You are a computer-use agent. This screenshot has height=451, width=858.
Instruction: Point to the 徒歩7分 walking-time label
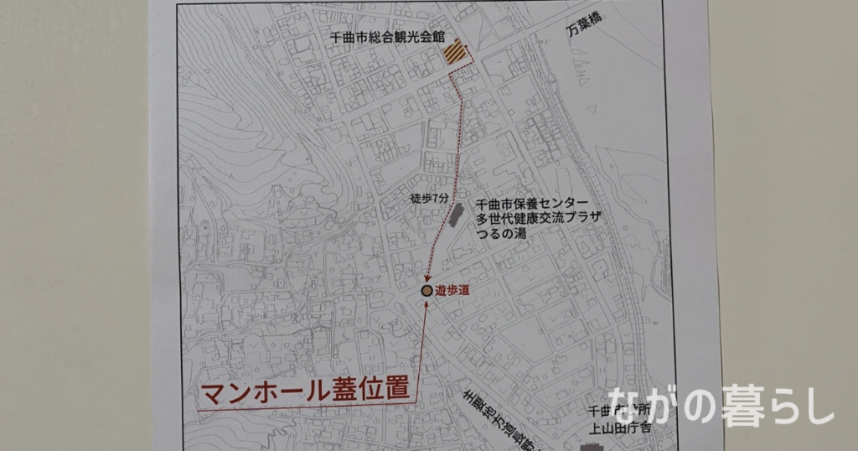pos(429,199)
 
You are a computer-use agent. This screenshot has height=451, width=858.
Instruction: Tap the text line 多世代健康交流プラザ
pos(538,219)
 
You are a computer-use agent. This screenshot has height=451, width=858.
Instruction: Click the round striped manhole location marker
pos(426,290)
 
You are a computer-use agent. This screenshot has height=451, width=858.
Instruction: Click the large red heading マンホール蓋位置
pos(305,391)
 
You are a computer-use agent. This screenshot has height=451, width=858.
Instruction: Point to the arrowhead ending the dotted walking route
pos(428,279)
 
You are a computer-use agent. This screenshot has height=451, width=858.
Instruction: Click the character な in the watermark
pos(628,405)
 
